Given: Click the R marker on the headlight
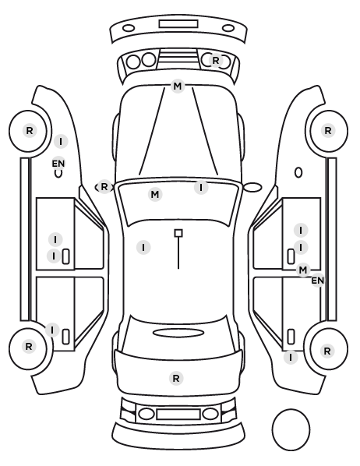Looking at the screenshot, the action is pyautogui.click(x=216, y=61).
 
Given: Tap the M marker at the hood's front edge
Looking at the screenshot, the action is pyautogui.click(x=178, y=86).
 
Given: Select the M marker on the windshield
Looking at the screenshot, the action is pyautogui.click(x=155, y=195).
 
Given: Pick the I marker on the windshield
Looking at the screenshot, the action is pyautogui.click(x=201, y=188).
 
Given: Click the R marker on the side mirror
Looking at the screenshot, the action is pyautogui.click(x=104, y=187).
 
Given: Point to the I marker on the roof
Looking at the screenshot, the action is pyautogui.click(x=143, y=247).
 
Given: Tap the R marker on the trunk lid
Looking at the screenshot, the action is pyautogui.click(x=176, y=379).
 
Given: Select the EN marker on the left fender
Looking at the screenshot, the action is pyautogui.click(x=58, y=164).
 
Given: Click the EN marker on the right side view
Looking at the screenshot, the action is pyautogui.click(x=317, y=281).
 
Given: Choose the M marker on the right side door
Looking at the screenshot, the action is pyautogui.click(x=303, y=270).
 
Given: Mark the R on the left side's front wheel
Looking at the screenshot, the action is pyautogui.click(x=30, y=130).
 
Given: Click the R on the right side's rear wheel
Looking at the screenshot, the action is pyautogui.click(x=327, y=351).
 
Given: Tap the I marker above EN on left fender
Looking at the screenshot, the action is pyautogui.click(x=61, y=142).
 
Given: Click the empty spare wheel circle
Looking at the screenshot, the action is pyautogui.click(x=291, y=429).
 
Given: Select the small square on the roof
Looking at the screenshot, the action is pyautogui.click(x=178, y=233).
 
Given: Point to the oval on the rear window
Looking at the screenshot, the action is pyautogui.click(x=178, y=333).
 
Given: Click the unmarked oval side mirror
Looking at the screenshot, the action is pyautogui.click(x=252, y=187).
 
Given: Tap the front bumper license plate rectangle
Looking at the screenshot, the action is pyautogui.click(x=178, y=24).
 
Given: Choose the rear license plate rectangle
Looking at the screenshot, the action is pyautogui.click(x=178, y=415).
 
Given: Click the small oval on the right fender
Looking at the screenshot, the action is pyautogui.click(x=298, y=173).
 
